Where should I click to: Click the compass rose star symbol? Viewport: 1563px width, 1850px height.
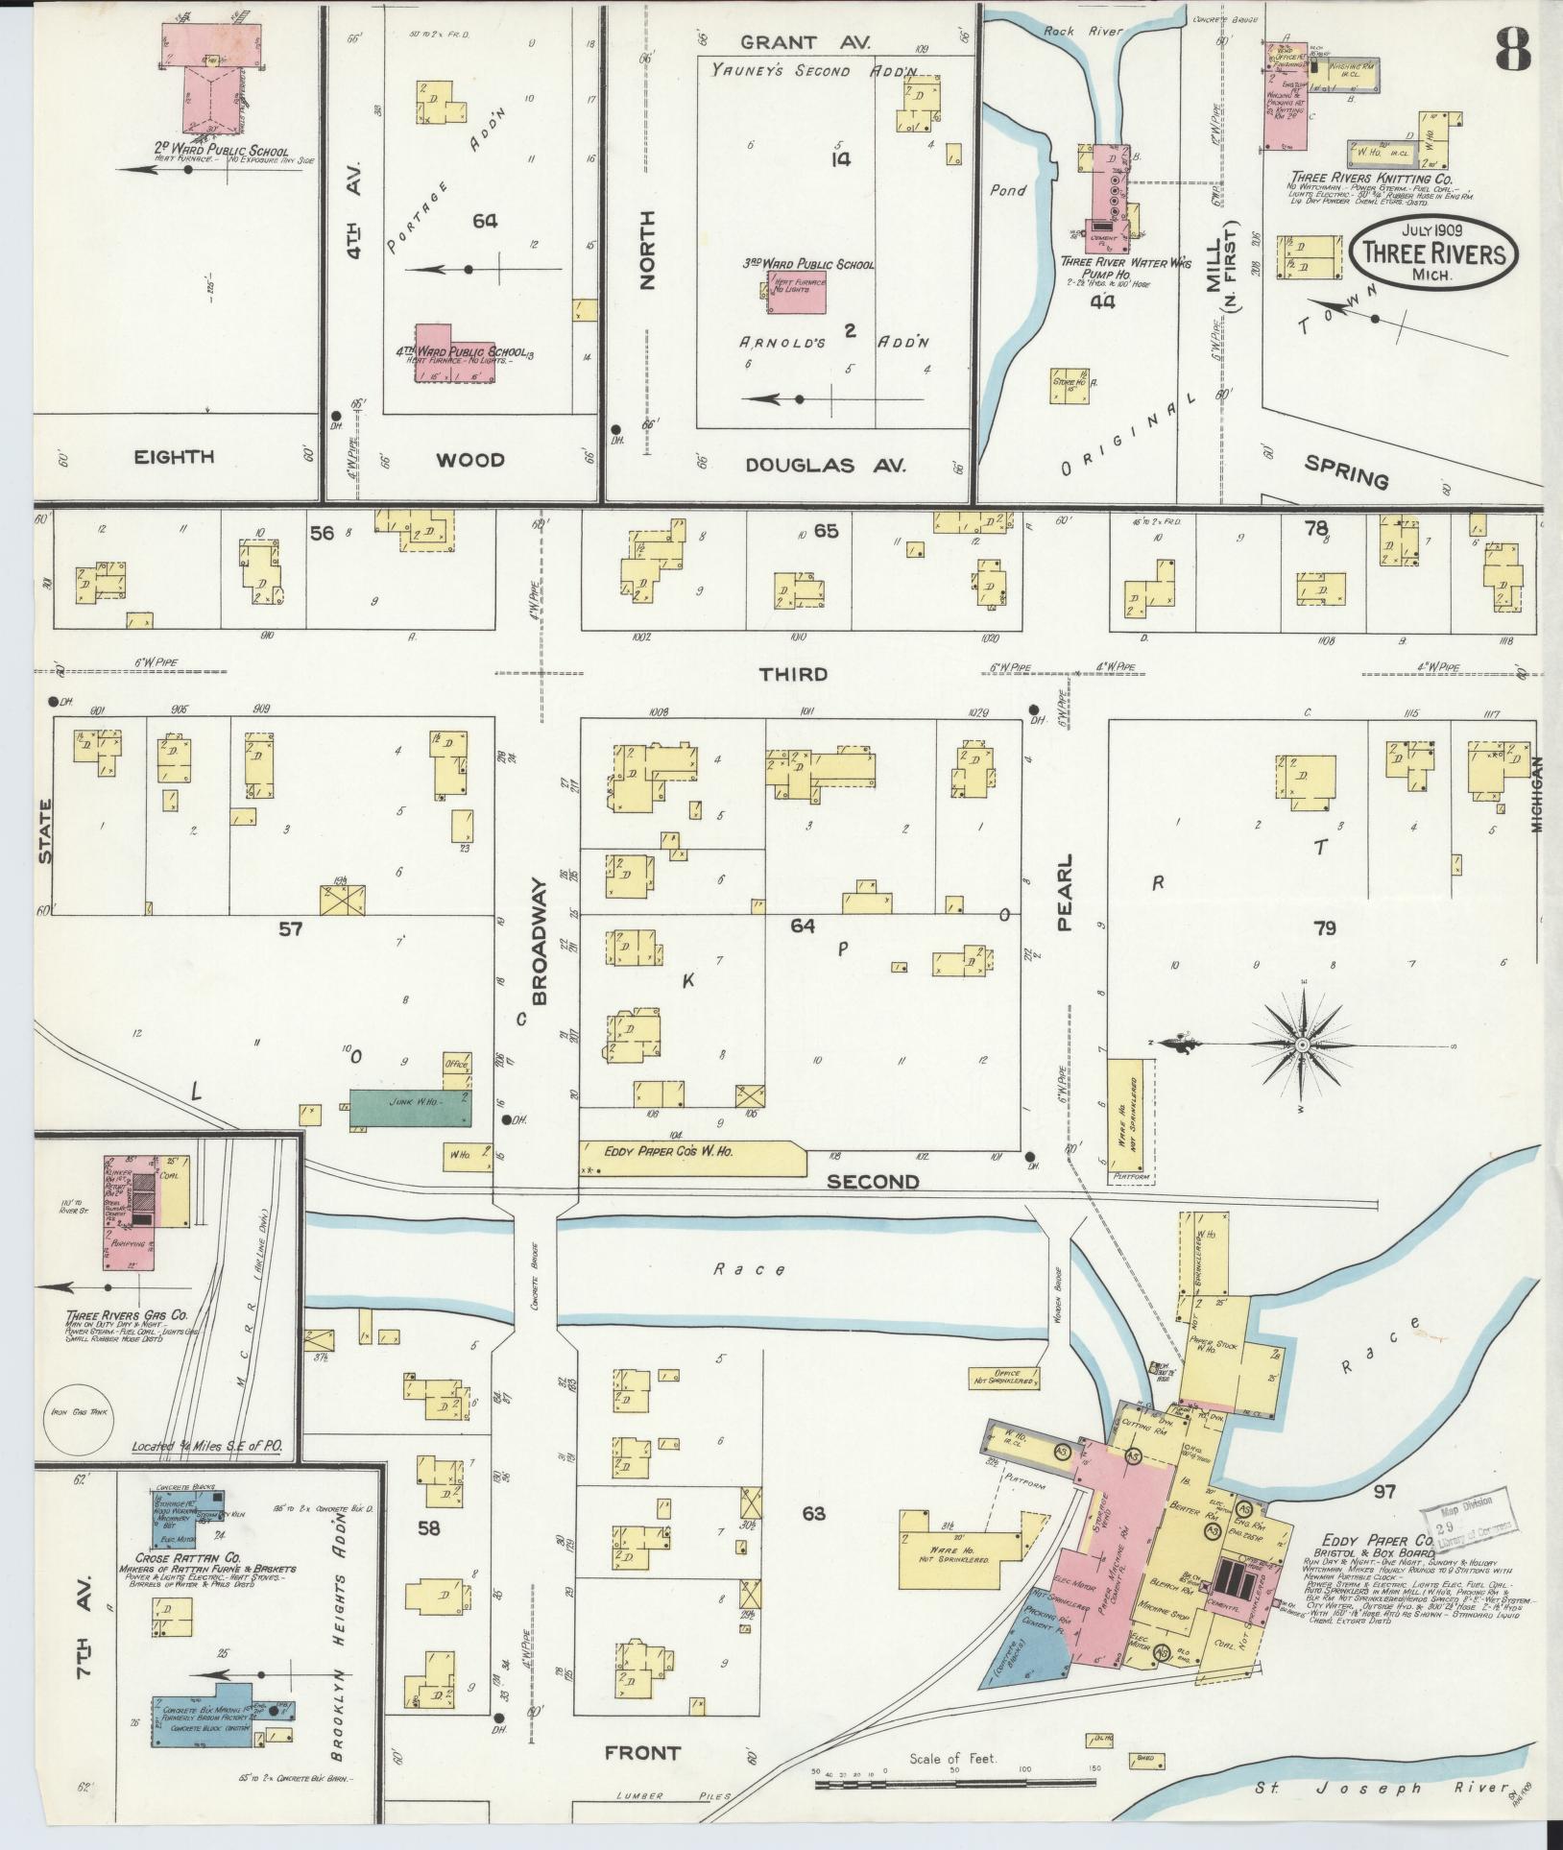coord(1302,1045)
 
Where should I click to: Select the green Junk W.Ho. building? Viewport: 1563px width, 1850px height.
coord(410,1107)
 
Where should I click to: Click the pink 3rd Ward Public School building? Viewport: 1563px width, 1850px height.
coord(797,290)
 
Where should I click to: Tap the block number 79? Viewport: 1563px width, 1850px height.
coord(1325,927)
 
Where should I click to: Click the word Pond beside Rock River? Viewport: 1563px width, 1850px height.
coord(1008,190)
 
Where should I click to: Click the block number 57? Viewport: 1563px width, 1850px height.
coord(290,928)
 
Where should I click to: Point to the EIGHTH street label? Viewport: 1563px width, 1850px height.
coord(175,457)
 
